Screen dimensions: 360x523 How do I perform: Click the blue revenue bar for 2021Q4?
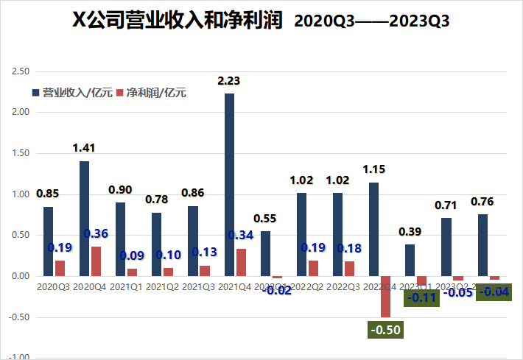(229, 184)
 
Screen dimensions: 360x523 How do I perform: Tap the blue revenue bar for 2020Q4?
(84, 218)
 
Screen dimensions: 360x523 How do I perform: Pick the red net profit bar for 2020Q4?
(96, 261)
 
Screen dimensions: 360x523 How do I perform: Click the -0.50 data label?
(385, 329)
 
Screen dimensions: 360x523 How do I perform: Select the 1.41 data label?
(84, 149)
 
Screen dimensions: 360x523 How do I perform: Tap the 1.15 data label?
(374, 169)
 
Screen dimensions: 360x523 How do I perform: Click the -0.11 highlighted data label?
(420, 297)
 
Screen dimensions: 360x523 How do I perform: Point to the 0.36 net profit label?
(96, 233)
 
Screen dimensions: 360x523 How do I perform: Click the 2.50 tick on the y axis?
(20, 71)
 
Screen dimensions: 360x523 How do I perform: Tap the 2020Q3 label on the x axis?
(54, 286)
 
